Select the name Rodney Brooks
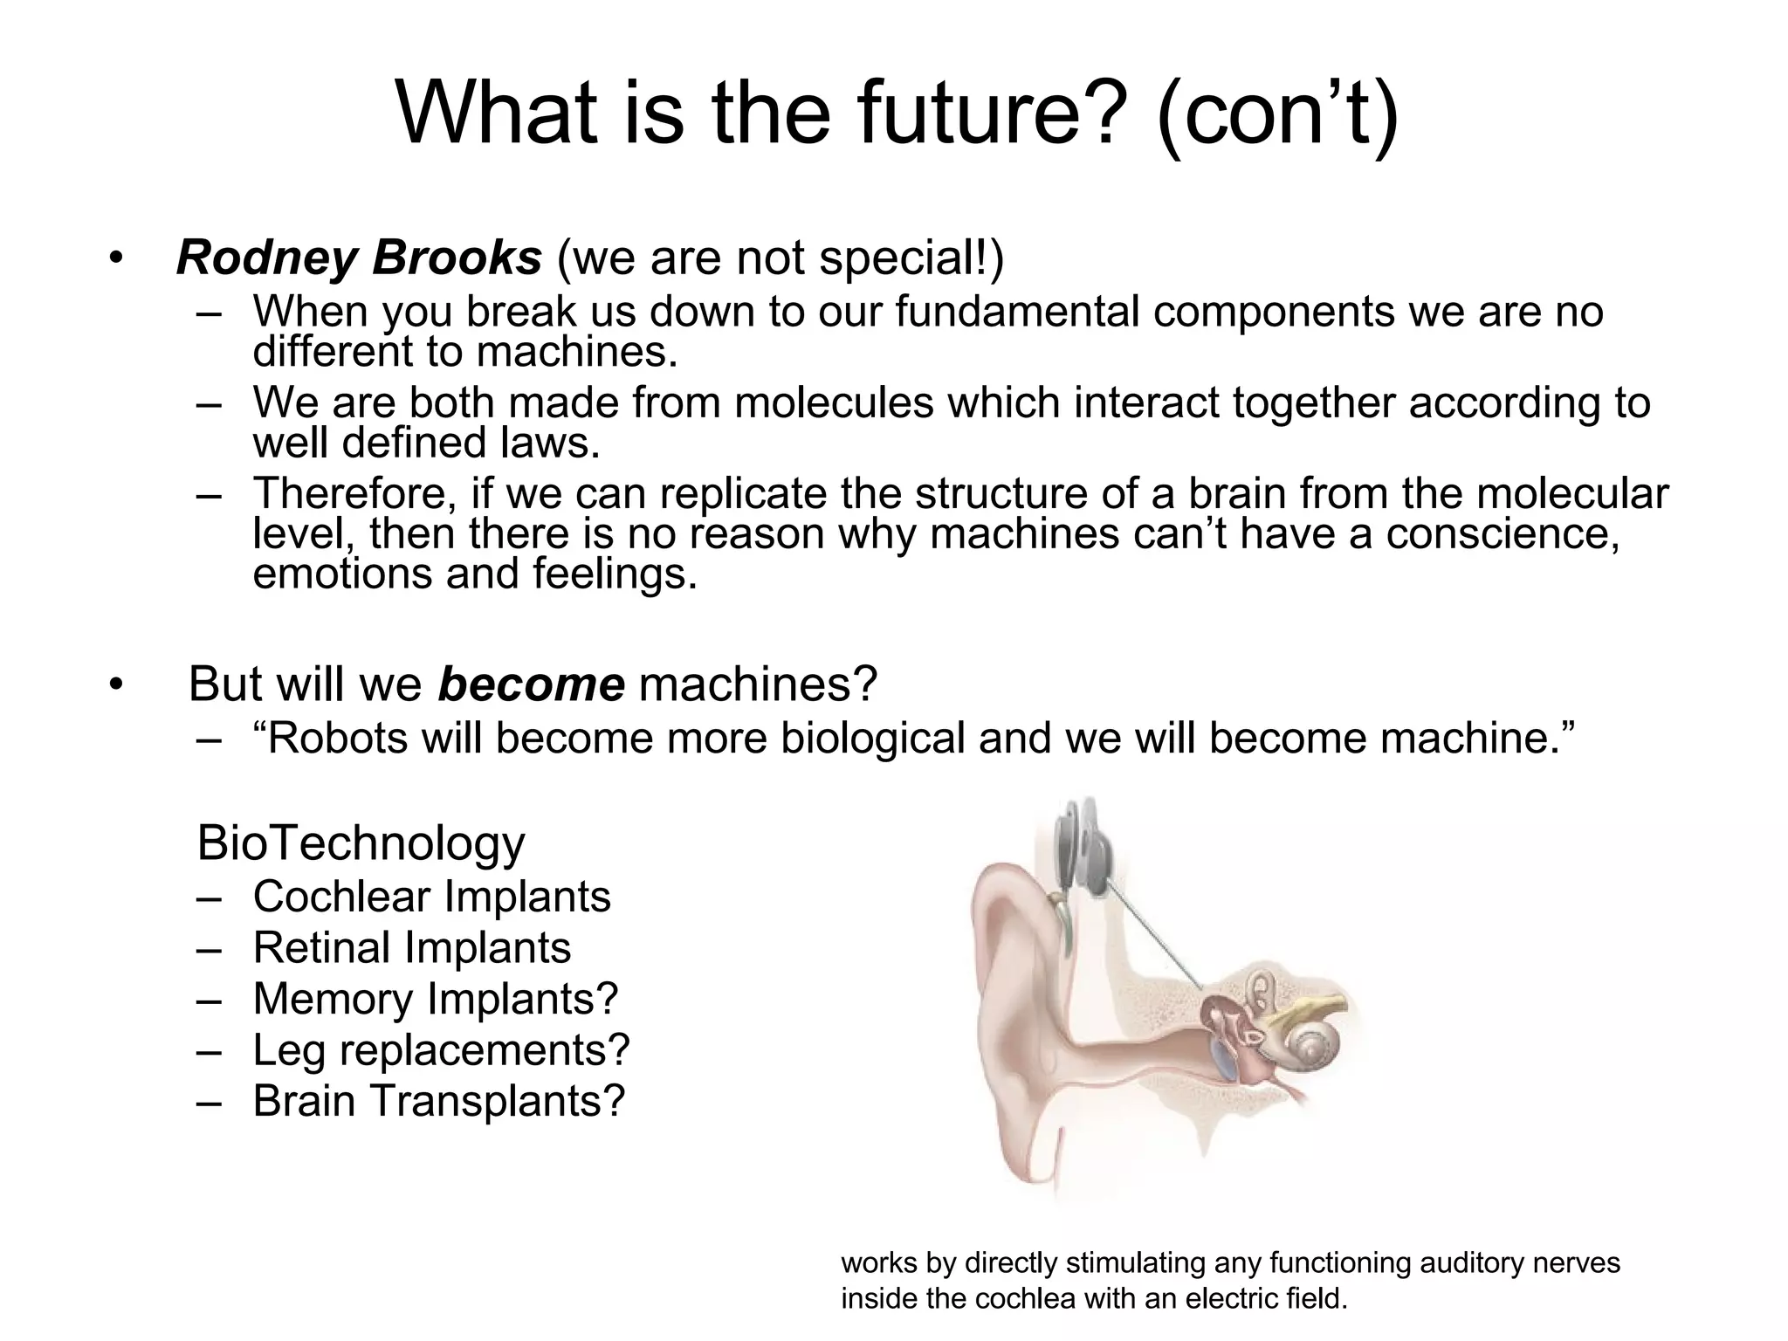pyautogui.click(x=359, y=258)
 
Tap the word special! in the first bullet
pyautogui.click(x=916, y=258)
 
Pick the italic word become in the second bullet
pyautogui.click(x=531, y=684)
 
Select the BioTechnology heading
pyautogui.click(x=361, y=843)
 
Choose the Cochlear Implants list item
pyautogui.click(x=431, y=897)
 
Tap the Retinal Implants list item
pyautogui.click(x=411, y=948)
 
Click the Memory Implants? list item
pyautogui.click(x=435, y=999)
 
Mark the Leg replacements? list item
pyautogui.click(x=441, y=1049)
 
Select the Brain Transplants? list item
pyautogui.click(x=439, y=1100)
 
